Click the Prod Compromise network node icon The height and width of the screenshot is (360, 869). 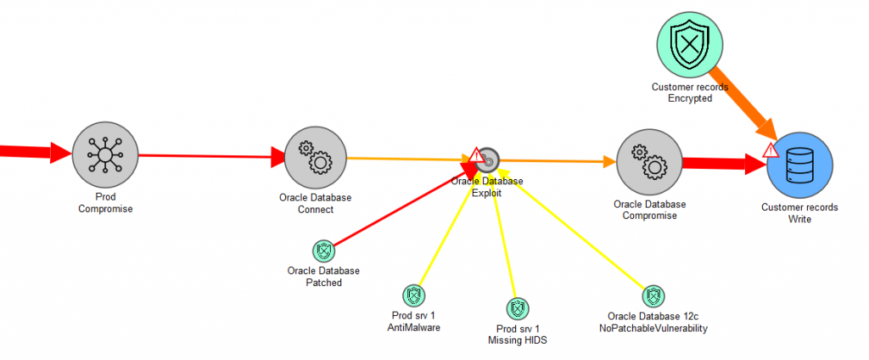(x=105, y=155)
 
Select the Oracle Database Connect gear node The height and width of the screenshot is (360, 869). (x=316, y=158)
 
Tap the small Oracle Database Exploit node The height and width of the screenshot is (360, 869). (x=488, y=159)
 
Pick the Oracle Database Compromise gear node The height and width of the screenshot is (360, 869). (x=650, y=164)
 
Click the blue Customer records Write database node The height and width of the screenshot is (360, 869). (x=799, y=166)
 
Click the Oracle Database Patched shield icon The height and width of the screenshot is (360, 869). (x=323, y=250)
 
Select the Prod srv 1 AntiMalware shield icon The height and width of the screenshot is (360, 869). (x=413, y=295)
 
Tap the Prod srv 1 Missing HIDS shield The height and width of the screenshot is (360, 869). (x=517, y=307)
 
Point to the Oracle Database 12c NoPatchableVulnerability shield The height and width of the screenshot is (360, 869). (x=651, y=295)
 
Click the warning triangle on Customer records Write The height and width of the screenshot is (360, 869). (x=771, y=150)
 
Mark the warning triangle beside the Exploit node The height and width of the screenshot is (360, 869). (x=475, y=155)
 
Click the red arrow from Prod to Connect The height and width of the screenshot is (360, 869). (x=212, y=156)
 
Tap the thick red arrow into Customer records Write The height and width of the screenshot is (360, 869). (x=721, y=164)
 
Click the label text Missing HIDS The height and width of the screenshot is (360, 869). (x=518, y=340)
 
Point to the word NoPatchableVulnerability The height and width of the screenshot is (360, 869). (x=651, y=328)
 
